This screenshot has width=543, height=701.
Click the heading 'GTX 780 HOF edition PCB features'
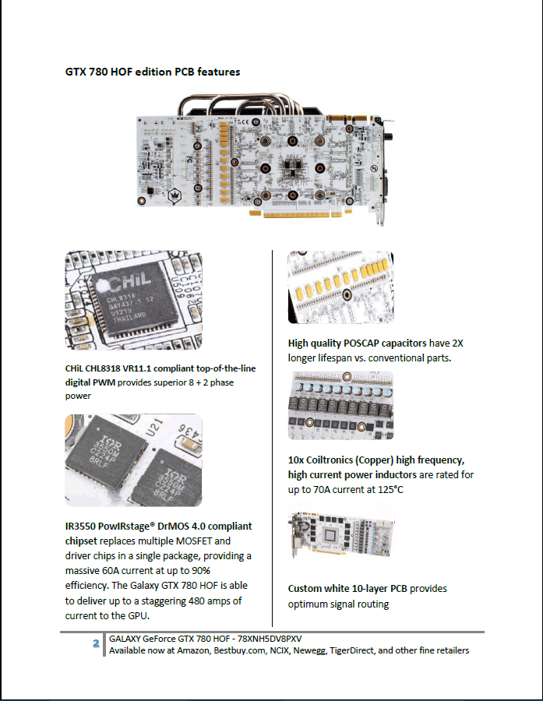(152, 72)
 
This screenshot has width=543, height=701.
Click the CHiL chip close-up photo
(133, 300)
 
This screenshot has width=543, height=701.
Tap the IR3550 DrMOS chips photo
(133, 460)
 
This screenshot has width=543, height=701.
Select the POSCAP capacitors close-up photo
(340, 287)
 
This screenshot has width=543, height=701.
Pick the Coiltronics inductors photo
(340, 405)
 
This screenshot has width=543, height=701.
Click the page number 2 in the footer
(95, 643)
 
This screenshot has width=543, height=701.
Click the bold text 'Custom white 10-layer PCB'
(347, 589)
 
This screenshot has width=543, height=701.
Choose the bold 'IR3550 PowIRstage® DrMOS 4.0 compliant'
(158, 527)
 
